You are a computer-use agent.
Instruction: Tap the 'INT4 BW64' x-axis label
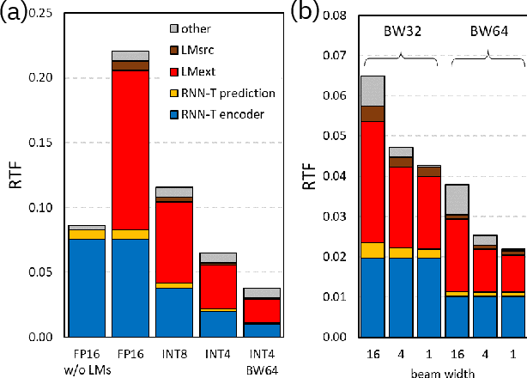pos(263,360)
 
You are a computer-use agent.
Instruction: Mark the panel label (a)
pos(15,12)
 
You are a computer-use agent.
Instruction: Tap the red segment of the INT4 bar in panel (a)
pos(219,288)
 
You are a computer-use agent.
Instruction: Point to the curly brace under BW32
pos(401,58)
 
